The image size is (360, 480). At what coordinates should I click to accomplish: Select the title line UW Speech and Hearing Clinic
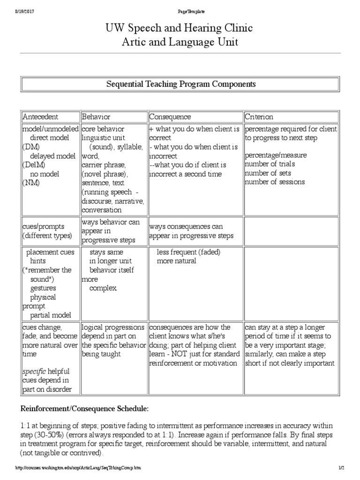click(180, 28)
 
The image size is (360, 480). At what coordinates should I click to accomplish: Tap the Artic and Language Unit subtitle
click(180, 42)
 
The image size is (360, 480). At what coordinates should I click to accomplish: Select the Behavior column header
click(96, 116)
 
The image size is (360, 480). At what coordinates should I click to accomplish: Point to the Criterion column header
click(259, 116)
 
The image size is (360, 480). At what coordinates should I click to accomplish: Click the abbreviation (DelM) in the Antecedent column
click(32, 165)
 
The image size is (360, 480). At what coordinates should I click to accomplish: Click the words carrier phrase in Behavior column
click(103, 165)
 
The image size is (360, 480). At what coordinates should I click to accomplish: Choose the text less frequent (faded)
click(188, 252)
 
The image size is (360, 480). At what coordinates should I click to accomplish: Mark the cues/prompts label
click(44, 226)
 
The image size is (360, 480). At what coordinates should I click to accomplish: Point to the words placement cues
click(50, 252)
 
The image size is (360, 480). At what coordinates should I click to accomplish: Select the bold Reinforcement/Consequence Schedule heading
click(84, 409)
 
